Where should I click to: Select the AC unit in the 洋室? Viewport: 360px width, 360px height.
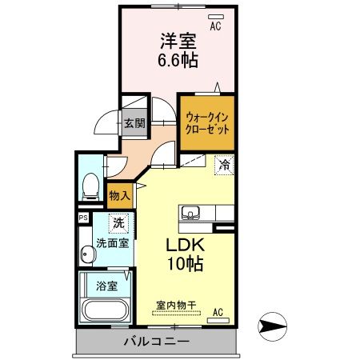pyautogui.click(x=215, y=16)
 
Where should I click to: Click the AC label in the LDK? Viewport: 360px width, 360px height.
pyautogui.click(x=218, y=312)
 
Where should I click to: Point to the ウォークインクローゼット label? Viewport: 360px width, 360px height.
pyautogui.click(x=206, y=123)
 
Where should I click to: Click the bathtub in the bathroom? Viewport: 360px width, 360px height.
pyautogui.click(x=105, y=311)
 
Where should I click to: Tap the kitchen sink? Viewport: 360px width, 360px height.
pyautogui.click(x=190, y=212)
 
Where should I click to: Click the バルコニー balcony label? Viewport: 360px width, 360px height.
pyautogui.click(x=156, y=342)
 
